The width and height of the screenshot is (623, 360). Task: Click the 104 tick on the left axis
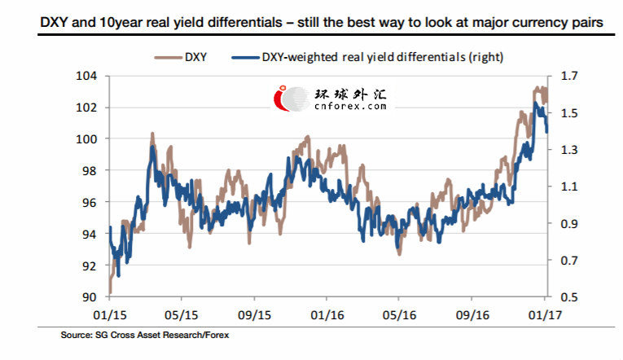tap(86, 76)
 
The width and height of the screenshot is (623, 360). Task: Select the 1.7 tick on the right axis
tap(569, 76)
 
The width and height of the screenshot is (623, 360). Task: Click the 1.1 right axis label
tap(569, 187)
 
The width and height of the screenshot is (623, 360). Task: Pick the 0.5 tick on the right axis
tap(569, 297)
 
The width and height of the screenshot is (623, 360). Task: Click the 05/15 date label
tap(181, 315)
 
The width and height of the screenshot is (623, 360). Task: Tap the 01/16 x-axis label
tap(327, 315)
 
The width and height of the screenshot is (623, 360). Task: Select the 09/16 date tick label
tap(472, 315)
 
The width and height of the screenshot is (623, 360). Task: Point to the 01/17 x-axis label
tap(545, 315)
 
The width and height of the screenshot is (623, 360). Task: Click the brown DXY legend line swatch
tap(168, 58)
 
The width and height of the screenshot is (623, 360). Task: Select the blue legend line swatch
tap(245, 58)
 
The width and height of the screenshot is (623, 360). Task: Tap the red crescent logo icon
tap(281, 98)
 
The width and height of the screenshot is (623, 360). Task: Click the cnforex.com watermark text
tap(350, 106)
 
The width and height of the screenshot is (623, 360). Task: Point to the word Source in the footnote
tap(76, 335)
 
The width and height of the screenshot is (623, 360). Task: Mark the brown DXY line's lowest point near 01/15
tap(110, 293)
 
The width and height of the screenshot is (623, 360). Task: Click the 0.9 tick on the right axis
tap(569, 223)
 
